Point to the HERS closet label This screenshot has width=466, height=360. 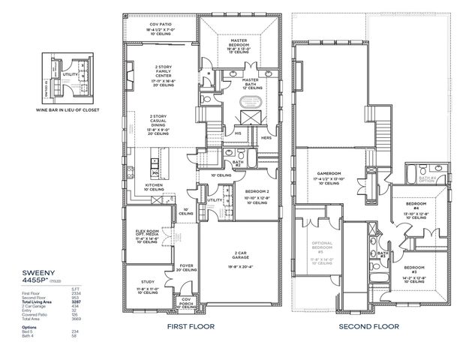[x=266, y=137]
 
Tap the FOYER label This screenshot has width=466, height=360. [x=186, y=265]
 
